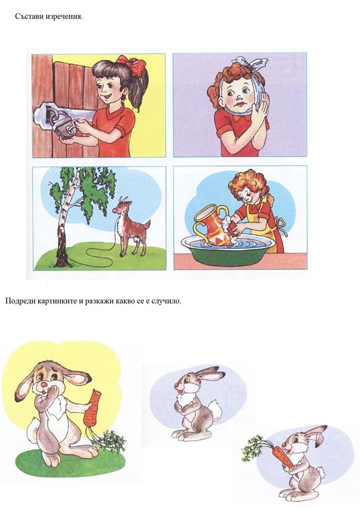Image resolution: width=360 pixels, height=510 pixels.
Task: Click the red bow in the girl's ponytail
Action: [132, 65]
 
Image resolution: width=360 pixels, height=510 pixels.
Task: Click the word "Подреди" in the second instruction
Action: [20, 301]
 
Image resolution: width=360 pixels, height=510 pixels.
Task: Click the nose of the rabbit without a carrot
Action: [177, 386]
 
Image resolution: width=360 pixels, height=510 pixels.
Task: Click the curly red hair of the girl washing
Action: [250, 183]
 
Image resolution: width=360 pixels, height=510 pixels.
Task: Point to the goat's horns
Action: [122, 200]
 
